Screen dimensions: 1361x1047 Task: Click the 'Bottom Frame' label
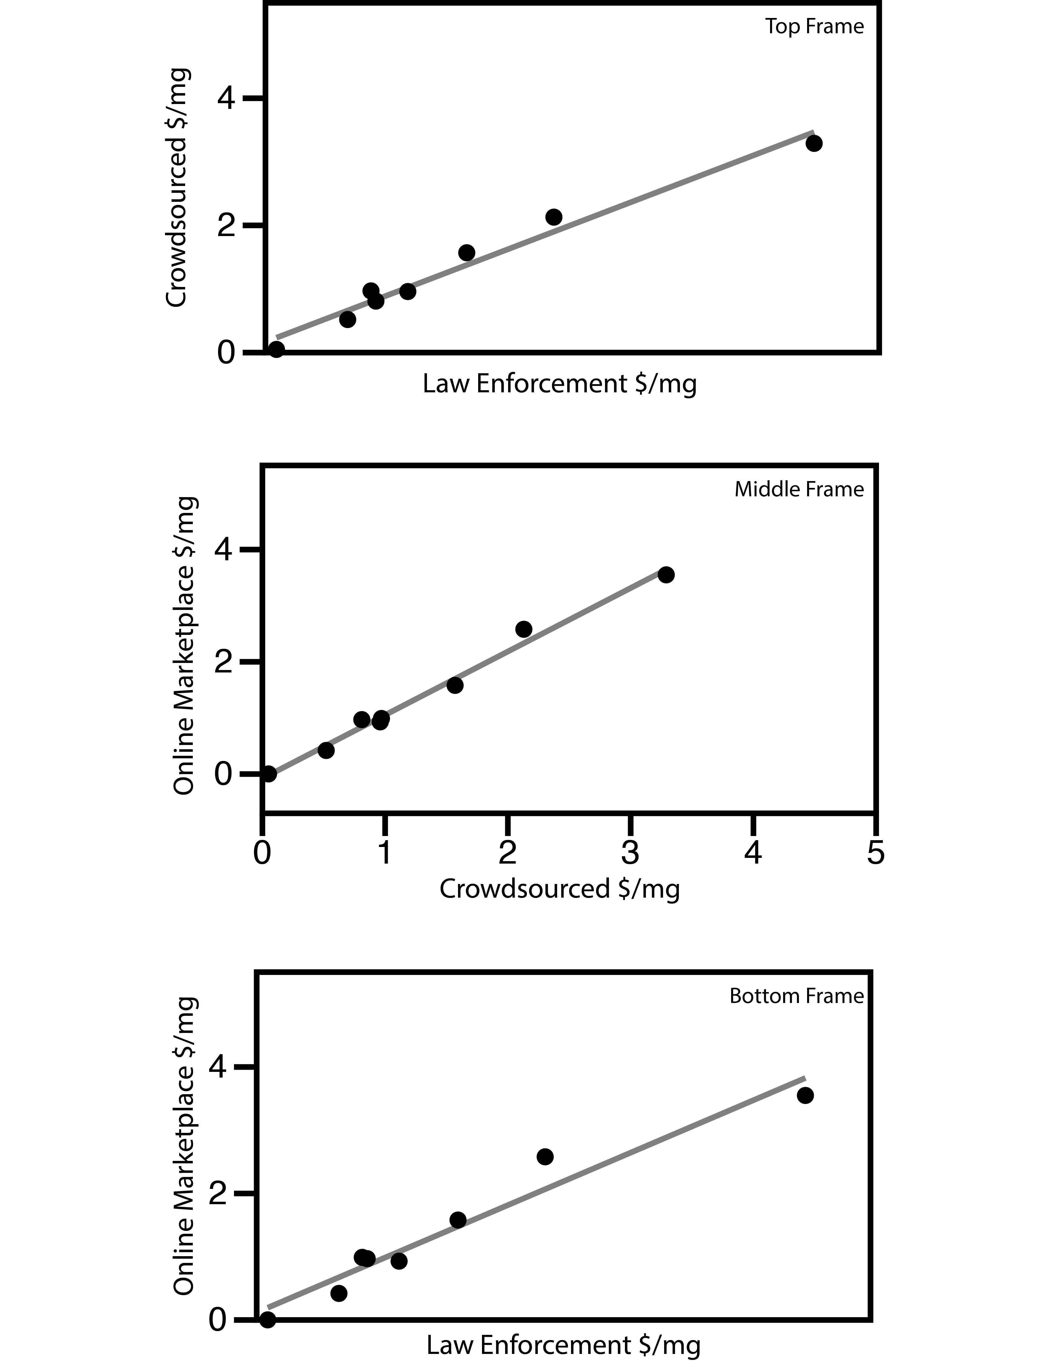[796, 996]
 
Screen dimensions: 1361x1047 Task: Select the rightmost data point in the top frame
[814, 143]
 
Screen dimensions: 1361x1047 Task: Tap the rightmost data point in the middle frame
[666, 574]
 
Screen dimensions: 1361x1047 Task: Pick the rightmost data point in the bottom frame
[805, 1096]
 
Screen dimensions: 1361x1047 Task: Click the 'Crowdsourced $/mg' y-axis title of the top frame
[177, 187]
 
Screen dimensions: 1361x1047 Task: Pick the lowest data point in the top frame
[276, 350]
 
